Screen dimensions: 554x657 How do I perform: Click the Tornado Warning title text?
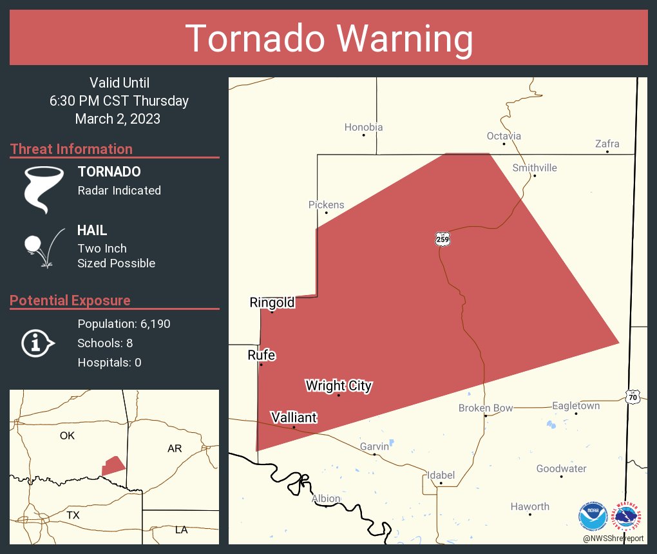[x=328, y=39]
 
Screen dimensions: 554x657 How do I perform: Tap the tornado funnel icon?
[x=43, y=189]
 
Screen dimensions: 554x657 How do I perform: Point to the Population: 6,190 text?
[x=124, y=324]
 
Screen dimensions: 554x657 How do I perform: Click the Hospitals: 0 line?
[x=109, y=363]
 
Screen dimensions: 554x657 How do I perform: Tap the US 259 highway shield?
[x=442, y=239]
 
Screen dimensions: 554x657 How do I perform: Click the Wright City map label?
[x=338, y=386]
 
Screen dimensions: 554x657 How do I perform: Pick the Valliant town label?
[x=294, y=417]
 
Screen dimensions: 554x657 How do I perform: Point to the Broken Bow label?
[x=486, y=408]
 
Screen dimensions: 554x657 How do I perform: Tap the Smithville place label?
[x=535, y=168]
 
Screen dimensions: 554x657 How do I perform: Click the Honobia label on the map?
[x=363, y=128]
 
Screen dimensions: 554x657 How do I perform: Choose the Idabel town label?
[x=441, y=475]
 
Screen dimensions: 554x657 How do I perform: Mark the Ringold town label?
[x=272, y=303]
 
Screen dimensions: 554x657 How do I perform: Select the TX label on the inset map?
[x=73, y=515]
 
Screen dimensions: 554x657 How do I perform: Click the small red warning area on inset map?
[x=113, y=465]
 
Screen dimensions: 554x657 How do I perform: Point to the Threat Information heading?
[x=71, y=149]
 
